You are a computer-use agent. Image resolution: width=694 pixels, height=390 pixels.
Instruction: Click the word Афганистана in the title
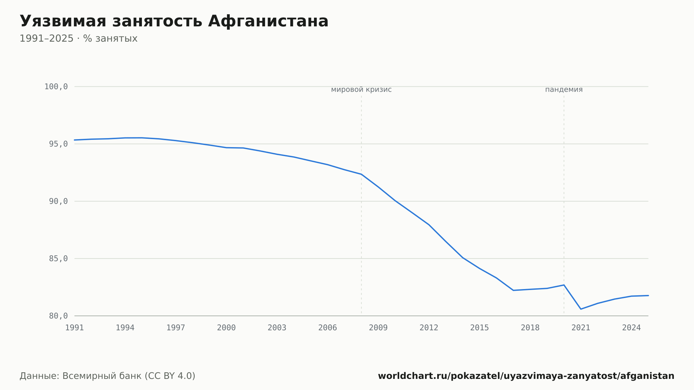click(x=268, y=21)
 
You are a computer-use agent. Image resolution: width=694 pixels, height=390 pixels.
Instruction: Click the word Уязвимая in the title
click(x=63, y=21)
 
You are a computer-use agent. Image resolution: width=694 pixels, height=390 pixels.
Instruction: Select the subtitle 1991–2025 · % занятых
click(x=78, y=39)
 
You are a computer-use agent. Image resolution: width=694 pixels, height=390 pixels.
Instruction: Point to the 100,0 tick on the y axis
click(x=56, y=87)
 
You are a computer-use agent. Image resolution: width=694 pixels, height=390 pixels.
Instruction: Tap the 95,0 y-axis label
click(x=58, y=144)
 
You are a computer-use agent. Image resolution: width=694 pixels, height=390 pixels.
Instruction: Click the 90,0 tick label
click(x=58, y=201)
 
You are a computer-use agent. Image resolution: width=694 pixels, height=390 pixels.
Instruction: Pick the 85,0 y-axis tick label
click(x=58, y=258)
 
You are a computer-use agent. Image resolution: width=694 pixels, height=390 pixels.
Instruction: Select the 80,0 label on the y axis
click(x=58, y=316)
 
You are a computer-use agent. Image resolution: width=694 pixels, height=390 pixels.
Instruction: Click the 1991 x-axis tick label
click(x=75, y=328)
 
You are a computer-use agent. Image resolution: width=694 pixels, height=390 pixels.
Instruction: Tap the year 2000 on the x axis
click(x=226, y=328)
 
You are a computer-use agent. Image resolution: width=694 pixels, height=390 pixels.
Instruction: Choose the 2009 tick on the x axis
click(x=378, y=328)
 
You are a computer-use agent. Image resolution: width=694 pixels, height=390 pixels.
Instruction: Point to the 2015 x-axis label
click(x=480, y=328)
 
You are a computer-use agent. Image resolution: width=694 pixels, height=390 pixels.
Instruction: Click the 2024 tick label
click(x=632, y=328)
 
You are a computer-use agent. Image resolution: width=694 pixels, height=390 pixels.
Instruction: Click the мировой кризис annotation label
click(x=361, y=90)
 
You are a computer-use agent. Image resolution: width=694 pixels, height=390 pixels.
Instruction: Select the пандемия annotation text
click(x=564, y=90)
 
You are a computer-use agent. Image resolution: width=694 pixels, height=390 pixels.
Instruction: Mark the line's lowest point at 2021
click(x=581, y=309)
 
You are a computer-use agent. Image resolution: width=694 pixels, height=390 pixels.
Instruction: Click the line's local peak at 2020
click(x=564, y=285)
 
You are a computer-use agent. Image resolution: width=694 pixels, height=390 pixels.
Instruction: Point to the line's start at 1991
click(x=75, y=140)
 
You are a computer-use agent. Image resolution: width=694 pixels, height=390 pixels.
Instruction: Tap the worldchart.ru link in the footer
click(x=526, y=376)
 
